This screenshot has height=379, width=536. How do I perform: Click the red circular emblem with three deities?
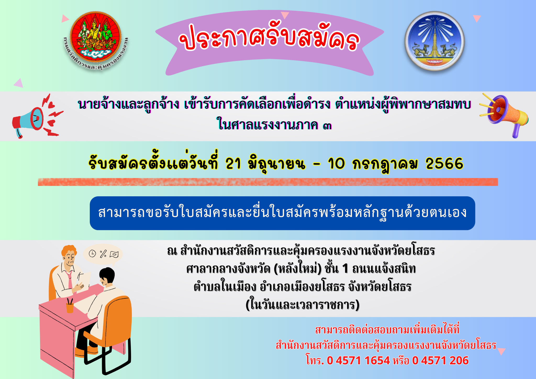[95, 36]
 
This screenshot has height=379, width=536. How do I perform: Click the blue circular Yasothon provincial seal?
[434, 41]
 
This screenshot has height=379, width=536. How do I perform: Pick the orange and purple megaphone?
[504, 115]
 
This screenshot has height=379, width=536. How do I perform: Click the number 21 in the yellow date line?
[233, 164]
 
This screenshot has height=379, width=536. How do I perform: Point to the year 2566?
[444, 164]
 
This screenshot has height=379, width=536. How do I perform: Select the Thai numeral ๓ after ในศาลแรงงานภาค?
[327, 126]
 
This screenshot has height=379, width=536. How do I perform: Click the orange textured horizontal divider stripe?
[268, 182]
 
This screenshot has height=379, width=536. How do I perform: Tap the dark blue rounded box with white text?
[282, 213]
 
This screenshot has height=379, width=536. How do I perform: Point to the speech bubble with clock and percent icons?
[103, 254]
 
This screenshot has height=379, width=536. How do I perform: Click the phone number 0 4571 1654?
[358, 361]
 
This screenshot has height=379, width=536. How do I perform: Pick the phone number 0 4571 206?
[440, 361]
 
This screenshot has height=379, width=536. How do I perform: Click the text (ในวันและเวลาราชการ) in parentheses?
[303, 305]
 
